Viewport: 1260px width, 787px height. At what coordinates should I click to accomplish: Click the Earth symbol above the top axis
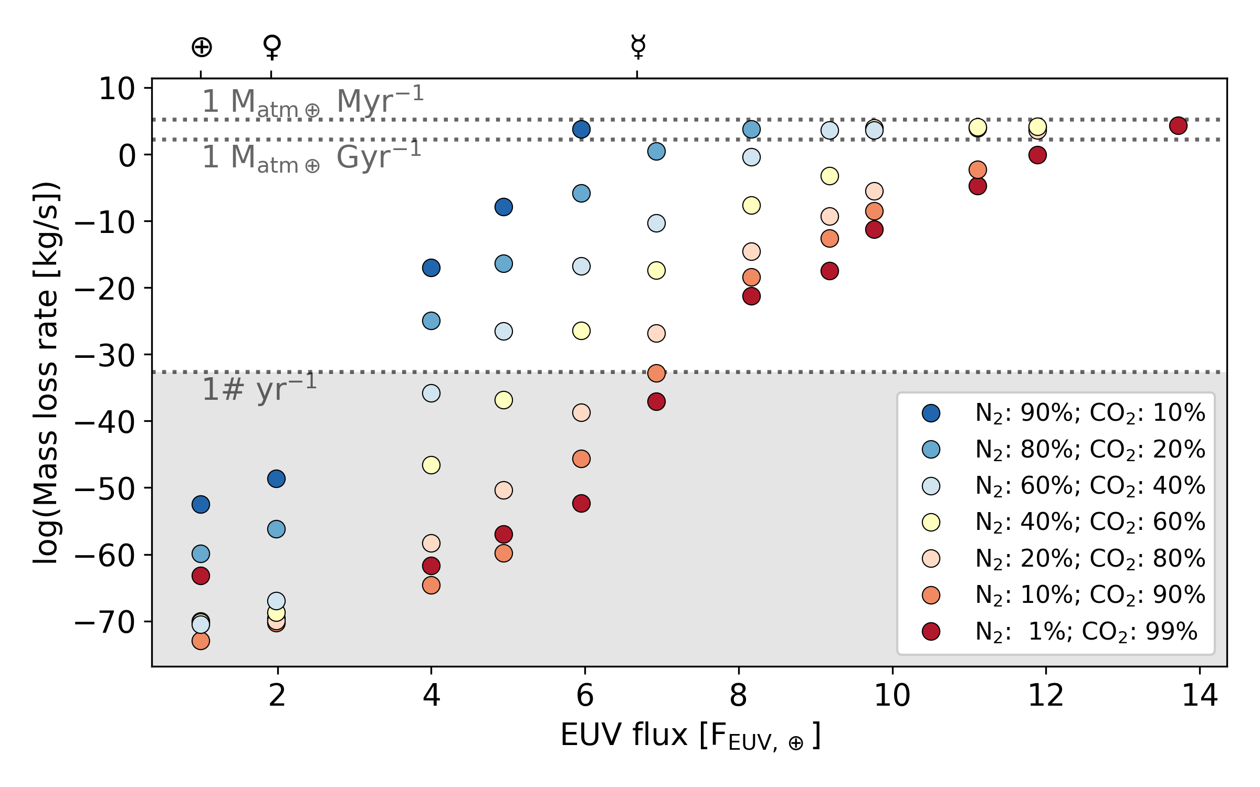tap(202, 47)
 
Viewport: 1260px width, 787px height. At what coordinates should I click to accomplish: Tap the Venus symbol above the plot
tap(272, 47)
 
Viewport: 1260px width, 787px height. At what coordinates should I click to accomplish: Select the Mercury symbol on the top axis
tap(638, 47)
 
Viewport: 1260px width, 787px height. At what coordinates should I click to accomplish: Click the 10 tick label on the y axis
tap(117, 89)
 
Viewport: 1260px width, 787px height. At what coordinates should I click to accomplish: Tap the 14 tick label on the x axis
tap(1200, 696)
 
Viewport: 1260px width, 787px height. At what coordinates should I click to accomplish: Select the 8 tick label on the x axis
tap(738, 696)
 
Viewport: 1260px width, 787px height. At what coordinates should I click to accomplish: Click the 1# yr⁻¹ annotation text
tap(259, 388)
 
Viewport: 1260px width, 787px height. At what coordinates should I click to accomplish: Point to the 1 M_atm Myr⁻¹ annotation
tap(313, 101)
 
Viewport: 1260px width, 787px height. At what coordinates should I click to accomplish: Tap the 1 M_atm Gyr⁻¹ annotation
tap(312, 157)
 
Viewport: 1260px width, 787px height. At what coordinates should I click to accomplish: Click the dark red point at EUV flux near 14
tap(1178, 125)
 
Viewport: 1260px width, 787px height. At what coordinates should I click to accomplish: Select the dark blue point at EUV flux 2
tap(276, 478)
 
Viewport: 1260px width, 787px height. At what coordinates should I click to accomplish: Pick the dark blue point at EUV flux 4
tap(431, 268)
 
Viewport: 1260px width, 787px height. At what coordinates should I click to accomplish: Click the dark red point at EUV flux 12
tap(1037, 155)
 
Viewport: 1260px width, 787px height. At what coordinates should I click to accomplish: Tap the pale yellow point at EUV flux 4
tap(431, 465)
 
